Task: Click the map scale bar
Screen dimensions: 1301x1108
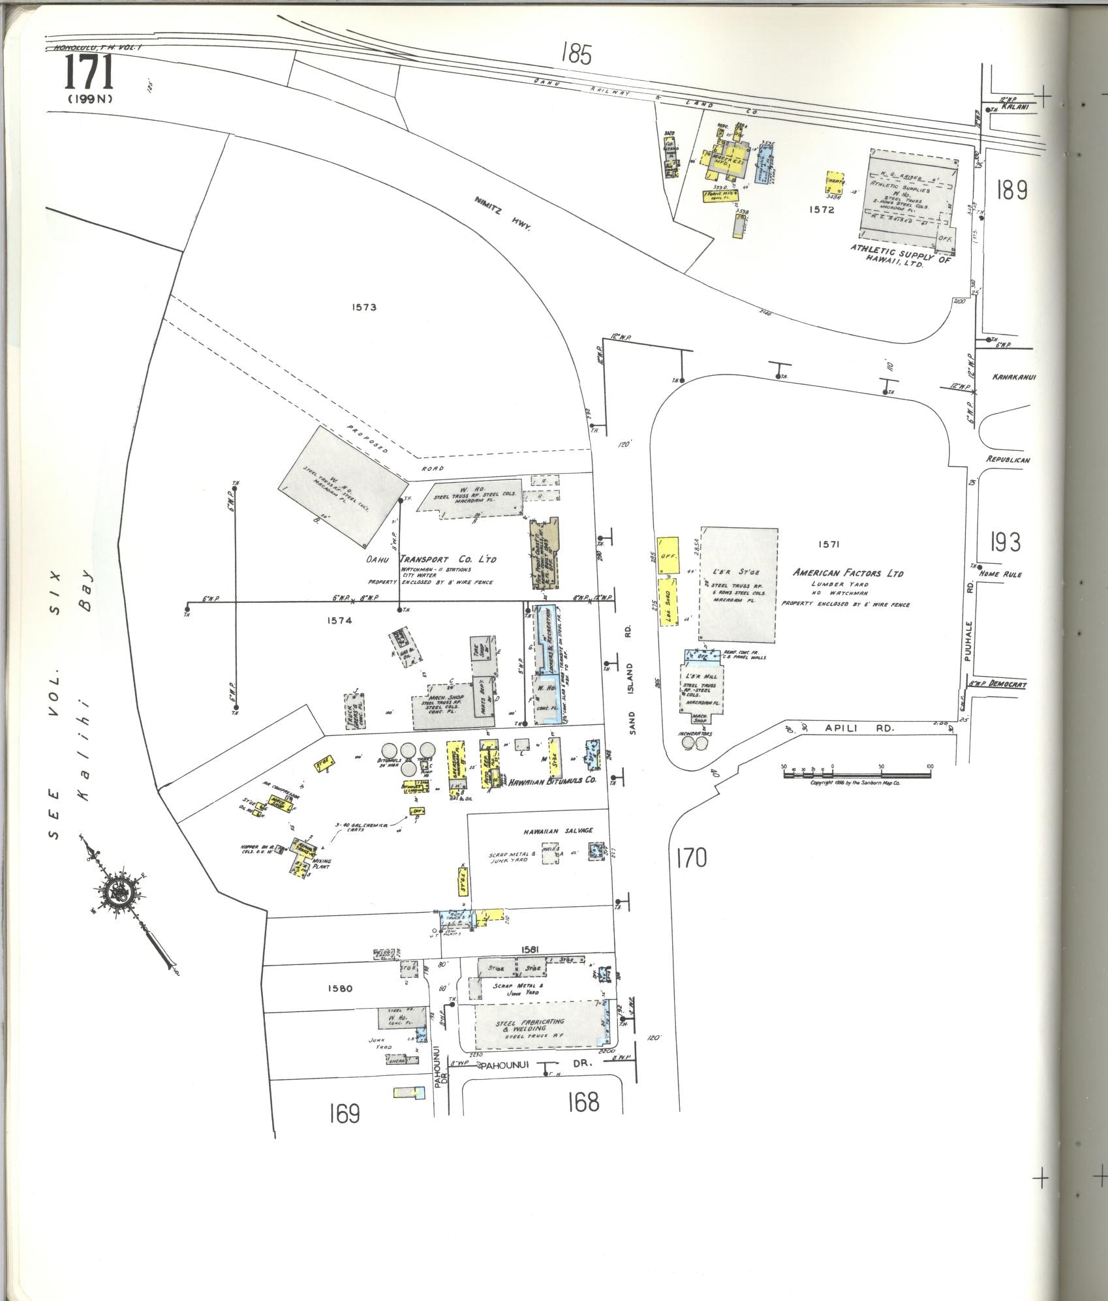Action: [x=856, y=774]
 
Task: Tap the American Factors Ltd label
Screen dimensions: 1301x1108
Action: [x=848, y=573]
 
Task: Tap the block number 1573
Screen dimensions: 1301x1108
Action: [x=364, y=307]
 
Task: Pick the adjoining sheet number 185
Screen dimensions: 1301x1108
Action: [x=576, y=55]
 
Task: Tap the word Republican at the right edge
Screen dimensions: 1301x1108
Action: [x=1008, y=459]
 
